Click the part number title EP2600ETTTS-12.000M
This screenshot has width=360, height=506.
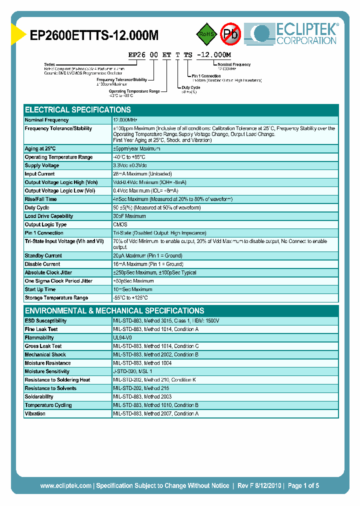pyautogui.click(x=94, y=35)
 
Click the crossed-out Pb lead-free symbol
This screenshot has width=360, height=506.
pyautogui.click(x=231, y=34)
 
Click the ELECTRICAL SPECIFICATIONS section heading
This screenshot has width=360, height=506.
pyautogui.click(x=78, y=109)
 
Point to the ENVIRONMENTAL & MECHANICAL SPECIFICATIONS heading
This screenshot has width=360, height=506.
pyautogui.click(x=114, y=310)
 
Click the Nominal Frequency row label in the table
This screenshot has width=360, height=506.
pyautogui.click(x=47, y=120)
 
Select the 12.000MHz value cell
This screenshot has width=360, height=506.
pyautogui.click(x=125, y=120)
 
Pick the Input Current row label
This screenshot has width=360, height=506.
pyautogui.click(x=40, y=174)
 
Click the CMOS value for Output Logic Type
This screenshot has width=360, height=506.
pyautogui.click(x=120, y=224)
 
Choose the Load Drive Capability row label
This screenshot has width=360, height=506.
pyautogui.click(x=49, y=216)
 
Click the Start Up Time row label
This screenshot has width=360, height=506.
pyautogui.click(x=40, y=289)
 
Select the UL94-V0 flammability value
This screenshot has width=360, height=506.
pyautogui.click(x=123, y=338)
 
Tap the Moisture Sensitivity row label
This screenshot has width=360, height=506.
pyautogui.click(x=47, y=371)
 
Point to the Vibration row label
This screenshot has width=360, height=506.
pyautogui.click(x=35, y=413)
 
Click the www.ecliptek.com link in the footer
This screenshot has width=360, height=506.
pyautogui.click(x=65, y=485)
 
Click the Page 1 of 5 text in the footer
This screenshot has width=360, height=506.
pyautogui.click(x=302, y=485)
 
